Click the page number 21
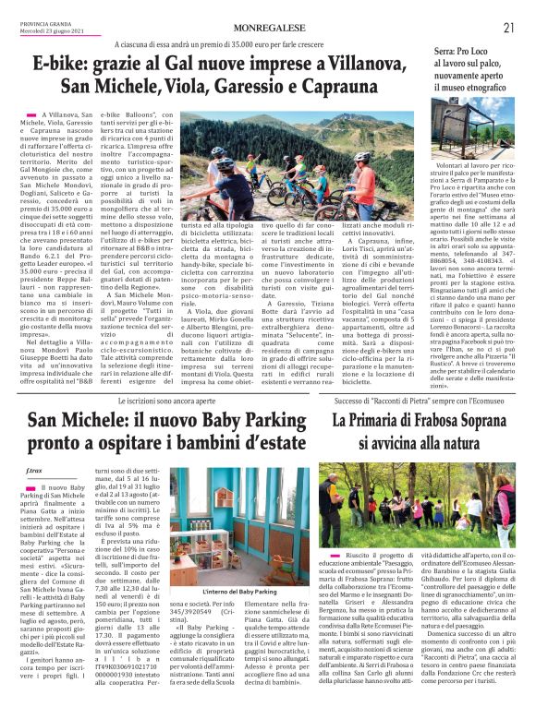(508, 28)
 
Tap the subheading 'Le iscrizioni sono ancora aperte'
(161, 378)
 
